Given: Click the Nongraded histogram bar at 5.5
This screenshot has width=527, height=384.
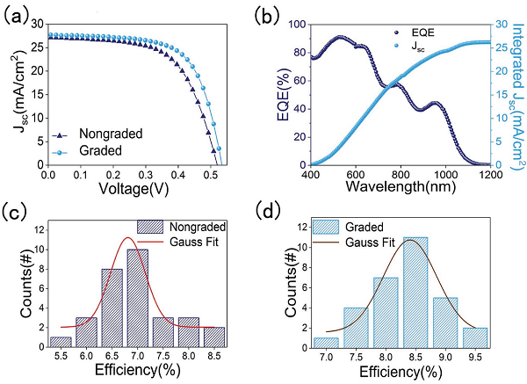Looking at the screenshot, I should pyautogui.click(x=61, y=342).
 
